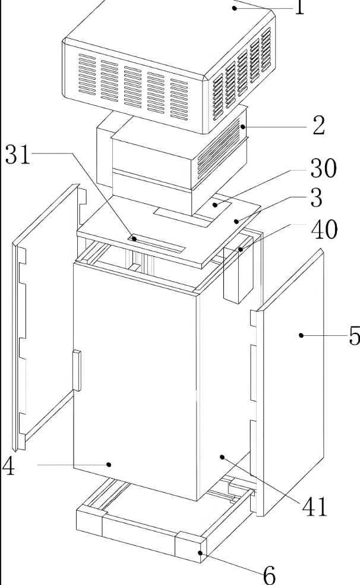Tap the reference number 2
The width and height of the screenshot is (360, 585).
[x=318, y=126]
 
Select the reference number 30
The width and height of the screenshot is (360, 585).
[x=323, y=169]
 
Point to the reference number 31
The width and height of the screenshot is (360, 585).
[x=18, y=154]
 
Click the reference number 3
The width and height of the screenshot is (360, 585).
[x=316, y=198]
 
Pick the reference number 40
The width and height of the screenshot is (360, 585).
[x=323, y=230]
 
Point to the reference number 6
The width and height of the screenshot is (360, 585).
[x=269, y=574]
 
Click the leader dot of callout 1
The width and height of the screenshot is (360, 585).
[x=235, y=7]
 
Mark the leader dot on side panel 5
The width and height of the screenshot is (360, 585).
[x=301, y=335]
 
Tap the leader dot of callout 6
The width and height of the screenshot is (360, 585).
[x=200, y=553]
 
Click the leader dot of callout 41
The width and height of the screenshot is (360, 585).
[x=222, y=457]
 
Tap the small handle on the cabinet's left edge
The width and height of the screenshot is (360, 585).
[x=76, y=370]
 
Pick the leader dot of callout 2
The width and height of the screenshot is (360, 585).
[x=243, y=127]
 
